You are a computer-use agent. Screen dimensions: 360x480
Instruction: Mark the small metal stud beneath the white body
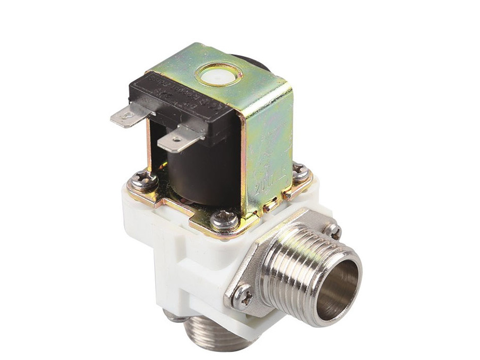point(171,317)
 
